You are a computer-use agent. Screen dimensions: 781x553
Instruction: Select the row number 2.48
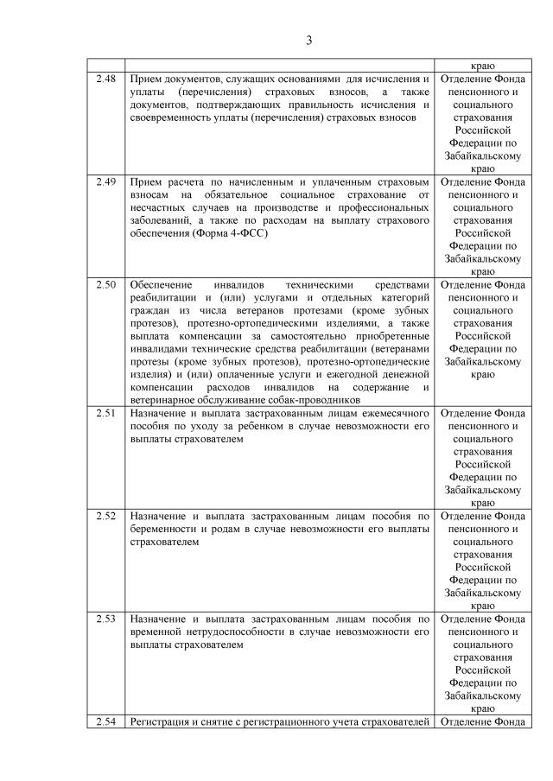(105, 79)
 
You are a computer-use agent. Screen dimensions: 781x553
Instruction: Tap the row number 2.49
(105, 183)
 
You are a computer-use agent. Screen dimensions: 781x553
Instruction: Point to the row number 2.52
(105, 515)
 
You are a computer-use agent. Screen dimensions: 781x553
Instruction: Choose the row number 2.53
(105, 619)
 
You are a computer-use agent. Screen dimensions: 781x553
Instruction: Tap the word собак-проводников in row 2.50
(312, 400)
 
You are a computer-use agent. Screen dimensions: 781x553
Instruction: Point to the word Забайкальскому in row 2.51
(483, 489)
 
